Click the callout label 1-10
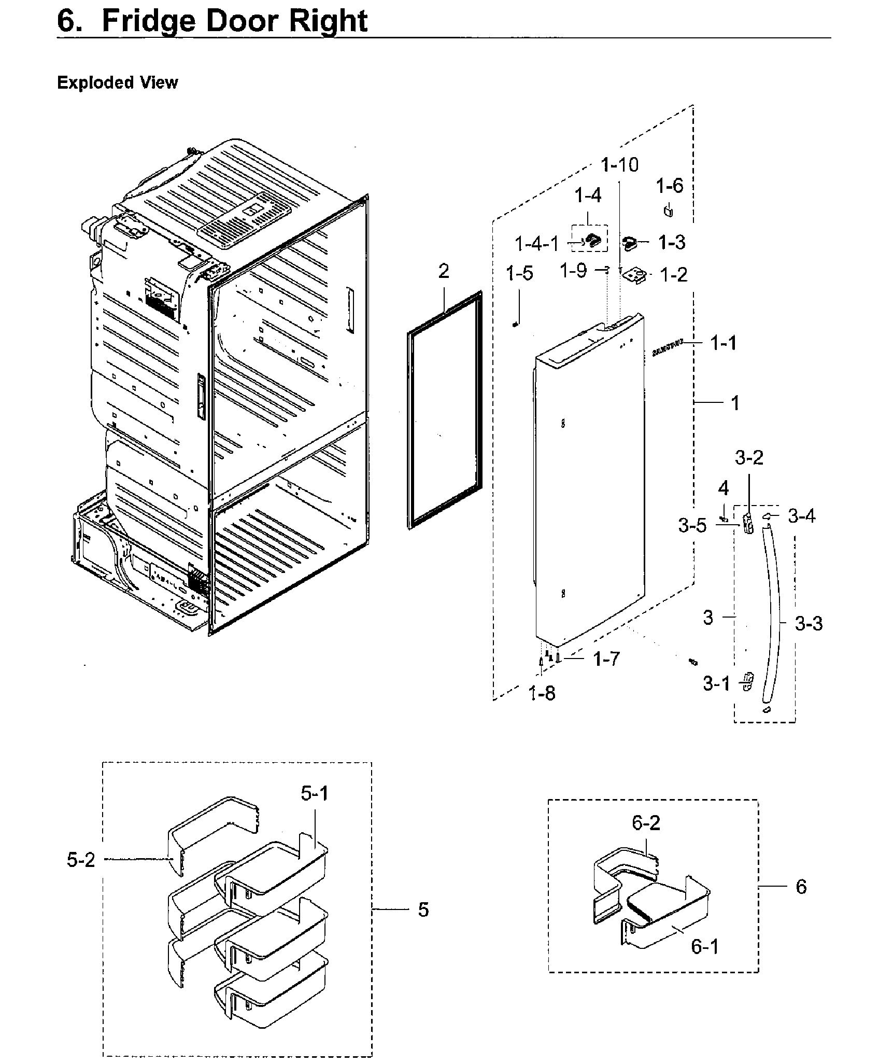pos(620,165)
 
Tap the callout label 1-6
pos(670,186)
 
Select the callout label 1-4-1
pos(537,243)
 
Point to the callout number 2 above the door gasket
pos(444,271)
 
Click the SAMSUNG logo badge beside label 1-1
pos(668,349)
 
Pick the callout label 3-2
pos(749,458)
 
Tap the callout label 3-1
pos(716,684)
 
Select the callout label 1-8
pos(542,693)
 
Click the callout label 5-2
pos(81,860)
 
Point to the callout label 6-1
pos(705,947)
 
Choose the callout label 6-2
pos(646,823)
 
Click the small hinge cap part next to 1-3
pos(629,242)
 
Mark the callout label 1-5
pos(520,273)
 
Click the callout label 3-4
pos(801,516)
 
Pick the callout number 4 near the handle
pos(723,488)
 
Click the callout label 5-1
pos(315,794)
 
